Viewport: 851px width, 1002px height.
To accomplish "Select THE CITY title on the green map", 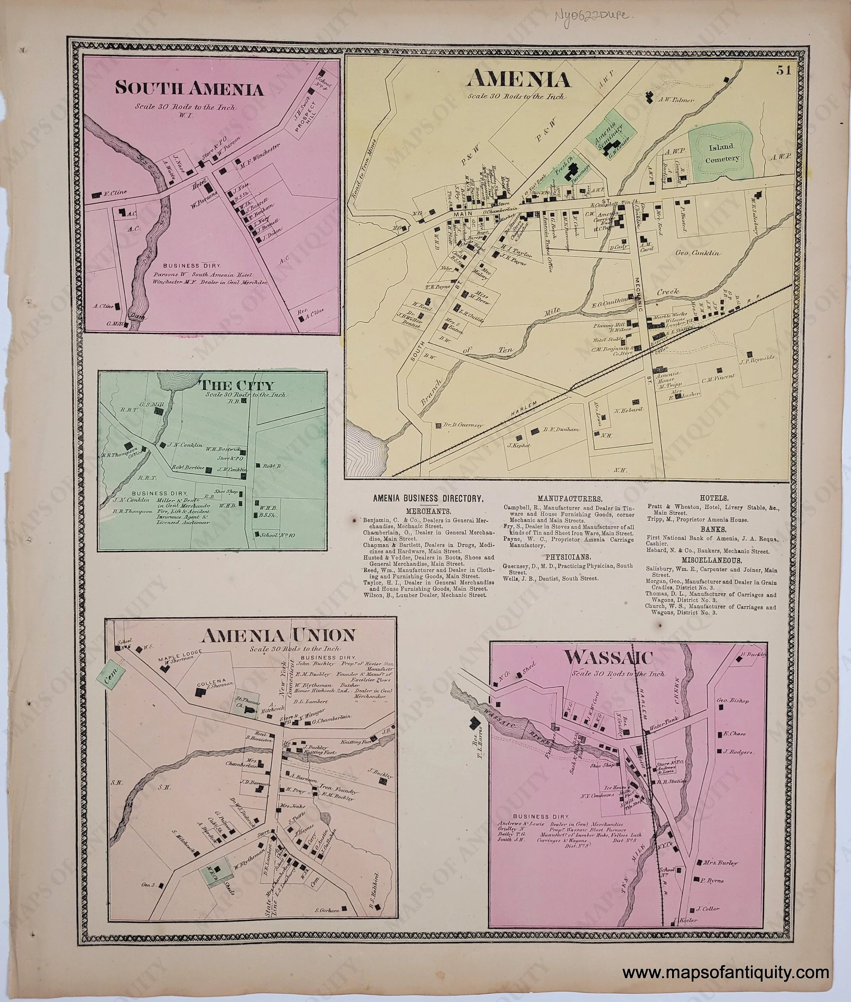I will coord(236,385).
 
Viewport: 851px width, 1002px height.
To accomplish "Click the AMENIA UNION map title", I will coord(278,635).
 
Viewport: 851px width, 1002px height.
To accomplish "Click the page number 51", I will coord(783,70).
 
